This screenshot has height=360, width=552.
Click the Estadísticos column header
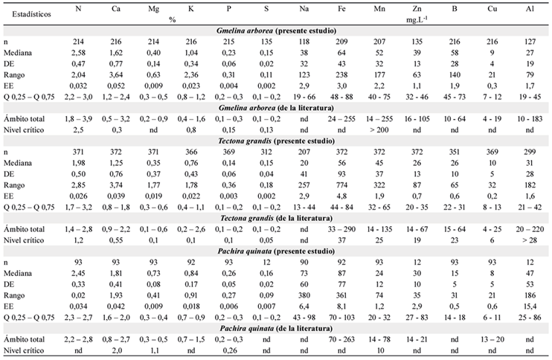pos(32,14)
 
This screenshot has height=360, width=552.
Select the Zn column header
pos(417,8)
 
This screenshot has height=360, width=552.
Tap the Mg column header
pos(153,8)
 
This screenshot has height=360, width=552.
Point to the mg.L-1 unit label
pos(417,19)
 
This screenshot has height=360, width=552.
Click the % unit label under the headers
pos(172,19)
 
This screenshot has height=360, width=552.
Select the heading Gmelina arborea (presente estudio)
pos(276,30)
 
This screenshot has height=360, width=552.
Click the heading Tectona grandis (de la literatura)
pos(276,218)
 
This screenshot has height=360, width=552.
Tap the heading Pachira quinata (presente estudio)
pos(276,251)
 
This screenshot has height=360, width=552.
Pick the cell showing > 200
pos(379,130)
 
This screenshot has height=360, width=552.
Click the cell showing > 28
pos(530,240)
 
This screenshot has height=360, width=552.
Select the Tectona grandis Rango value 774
pos(341,185)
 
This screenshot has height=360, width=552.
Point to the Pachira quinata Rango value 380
pos(304,295)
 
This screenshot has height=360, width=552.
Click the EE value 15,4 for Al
pos(530,306)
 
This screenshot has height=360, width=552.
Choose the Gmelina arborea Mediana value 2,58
pos(78,53)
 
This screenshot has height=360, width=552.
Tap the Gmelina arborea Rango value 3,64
pos(116,75)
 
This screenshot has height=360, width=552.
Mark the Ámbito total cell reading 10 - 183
pos(530,119)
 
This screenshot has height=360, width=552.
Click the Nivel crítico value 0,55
pos(116,240)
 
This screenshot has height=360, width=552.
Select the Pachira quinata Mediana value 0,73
pos(153,274)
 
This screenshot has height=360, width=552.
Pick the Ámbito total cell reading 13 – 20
pos(492,340)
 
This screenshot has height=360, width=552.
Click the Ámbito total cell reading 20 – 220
pos(530,229)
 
